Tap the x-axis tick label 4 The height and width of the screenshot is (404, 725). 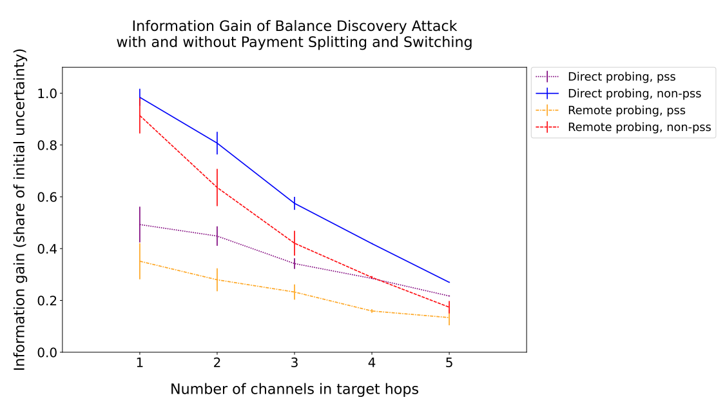pyautogui.click(x=372, y=363)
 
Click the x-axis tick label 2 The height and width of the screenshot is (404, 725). pyautogui.click(x=217, y=363)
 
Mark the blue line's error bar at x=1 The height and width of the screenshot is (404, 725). pyautogui.click(x=140, y=97)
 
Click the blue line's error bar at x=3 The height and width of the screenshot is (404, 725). pyautogui.click(x=295, y=203)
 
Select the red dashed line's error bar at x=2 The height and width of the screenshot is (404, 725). pyautogui.click(x=217, y=188)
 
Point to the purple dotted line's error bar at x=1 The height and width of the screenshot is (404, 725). pyautogui.click(x=140, y=225)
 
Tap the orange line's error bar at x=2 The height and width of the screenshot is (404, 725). pyautogui.click(x=217, y=279)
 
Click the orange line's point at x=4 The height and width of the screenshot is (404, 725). pyautogui.click(x=372, y=311)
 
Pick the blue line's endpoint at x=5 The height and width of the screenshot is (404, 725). pyautogui.click(x=449, y=282)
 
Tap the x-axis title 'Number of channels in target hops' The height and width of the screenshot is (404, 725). pyautogui.click(x=295, y=389)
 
